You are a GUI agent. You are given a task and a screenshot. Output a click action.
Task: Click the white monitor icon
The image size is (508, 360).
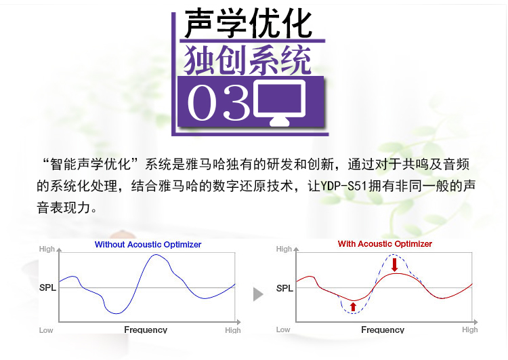click(x=280, y=102)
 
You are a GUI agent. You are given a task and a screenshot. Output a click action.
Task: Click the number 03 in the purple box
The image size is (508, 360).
click(x=219, y=102)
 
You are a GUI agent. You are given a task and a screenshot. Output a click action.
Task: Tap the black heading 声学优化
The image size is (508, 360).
click(x=248, y=23)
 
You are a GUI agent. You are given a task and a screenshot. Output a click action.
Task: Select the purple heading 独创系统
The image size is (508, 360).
click(x=247, y=60)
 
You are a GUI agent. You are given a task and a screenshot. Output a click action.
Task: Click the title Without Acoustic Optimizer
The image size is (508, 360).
click(x=148, y=245)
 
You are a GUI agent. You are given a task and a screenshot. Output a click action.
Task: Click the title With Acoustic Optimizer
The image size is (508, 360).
click(x=385, y=244)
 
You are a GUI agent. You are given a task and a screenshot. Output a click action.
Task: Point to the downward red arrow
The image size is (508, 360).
click(x=394, y=264)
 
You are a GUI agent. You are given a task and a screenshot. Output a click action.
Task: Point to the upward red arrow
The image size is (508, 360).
click(x=353, y=306)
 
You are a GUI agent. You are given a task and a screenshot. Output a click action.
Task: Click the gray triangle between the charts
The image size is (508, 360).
click(x=258, y=294)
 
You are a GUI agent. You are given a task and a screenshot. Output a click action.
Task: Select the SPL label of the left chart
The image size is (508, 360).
click(x=47, y=287)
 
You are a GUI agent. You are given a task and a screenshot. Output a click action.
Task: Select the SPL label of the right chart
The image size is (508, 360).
click(x=284, y=288)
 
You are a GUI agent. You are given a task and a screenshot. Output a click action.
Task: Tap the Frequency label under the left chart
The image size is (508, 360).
click(x=146, y=330)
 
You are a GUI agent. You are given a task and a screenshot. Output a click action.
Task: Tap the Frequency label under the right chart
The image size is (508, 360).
click(x=383, y=330)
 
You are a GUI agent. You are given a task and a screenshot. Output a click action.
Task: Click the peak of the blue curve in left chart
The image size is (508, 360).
click(x=156, y=255)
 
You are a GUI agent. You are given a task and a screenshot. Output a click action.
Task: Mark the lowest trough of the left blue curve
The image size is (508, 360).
click(x=117, y=313)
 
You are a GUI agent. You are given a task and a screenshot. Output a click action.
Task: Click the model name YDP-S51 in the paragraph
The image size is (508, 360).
click(x=343, y=186)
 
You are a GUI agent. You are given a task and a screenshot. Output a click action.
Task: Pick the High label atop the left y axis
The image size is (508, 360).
click(x=47, y=249)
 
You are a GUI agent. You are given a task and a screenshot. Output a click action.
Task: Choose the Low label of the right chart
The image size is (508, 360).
click(x=283, y=329)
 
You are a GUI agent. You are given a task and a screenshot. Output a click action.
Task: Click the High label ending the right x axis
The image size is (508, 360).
click(x=470, y=329)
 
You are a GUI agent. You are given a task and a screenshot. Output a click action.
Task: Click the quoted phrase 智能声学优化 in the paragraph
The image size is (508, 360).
click(x=90, y=165)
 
